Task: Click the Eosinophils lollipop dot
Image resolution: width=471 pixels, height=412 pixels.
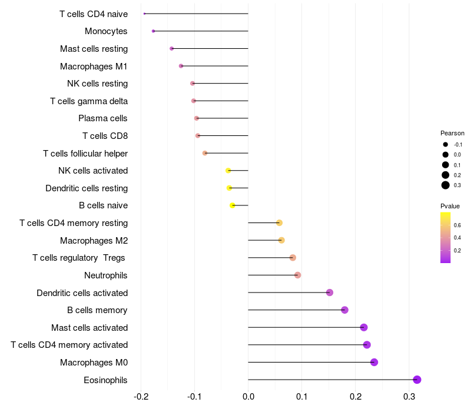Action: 417,380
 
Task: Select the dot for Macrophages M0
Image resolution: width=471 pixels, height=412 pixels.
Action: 374,362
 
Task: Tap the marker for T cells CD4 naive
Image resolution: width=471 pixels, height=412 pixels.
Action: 144,14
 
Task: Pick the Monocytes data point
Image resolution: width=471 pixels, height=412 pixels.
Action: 153,31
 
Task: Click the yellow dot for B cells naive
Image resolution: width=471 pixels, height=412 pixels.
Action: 233,205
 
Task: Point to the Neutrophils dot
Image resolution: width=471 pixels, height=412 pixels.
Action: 297,275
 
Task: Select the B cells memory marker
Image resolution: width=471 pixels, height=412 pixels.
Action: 344,310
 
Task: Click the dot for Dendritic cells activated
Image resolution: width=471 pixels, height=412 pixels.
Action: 330,293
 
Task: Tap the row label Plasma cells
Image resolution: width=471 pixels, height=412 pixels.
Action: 103,118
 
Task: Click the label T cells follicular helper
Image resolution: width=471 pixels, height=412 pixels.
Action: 85,154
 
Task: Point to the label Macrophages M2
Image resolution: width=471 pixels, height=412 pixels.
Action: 94,240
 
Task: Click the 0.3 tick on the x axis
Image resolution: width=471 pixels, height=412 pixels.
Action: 409,397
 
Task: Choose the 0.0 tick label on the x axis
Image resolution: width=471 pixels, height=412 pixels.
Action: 248,397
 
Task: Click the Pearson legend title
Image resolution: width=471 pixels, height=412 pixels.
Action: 452,133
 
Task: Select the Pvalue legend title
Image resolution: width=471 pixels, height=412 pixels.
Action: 450,206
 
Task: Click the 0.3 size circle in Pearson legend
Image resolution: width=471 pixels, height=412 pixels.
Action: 446,185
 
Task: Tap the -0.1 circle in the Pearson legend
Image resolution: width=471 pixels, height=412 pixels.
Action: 446,144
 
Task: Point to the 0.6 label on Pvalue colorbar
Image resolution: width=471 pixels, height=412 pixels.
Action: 457,225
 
